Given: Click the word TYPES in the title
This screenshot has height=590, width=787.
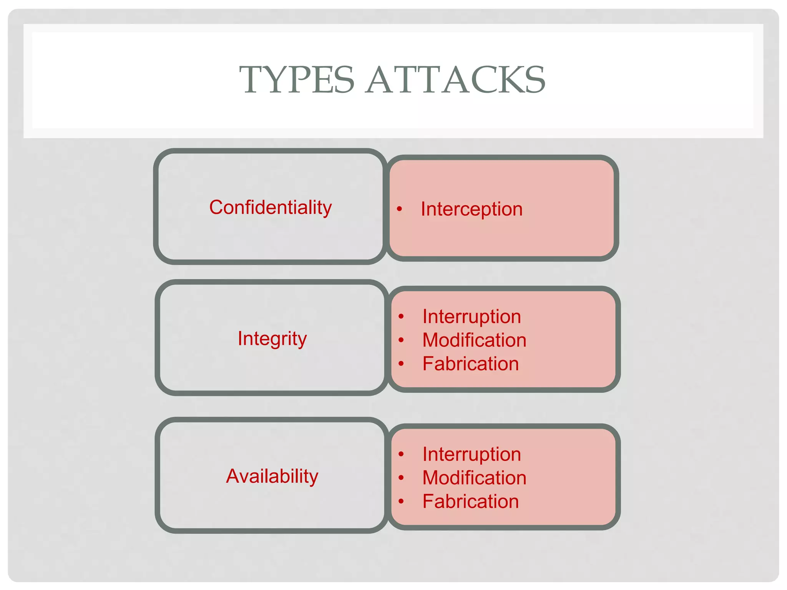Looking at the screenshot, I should click(296, 80).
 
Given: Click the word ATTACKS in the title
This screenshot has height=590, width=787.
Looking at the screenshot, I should click(456, 80).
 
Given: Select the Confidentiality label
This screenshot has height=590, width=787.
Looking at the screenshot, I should click(270, 207).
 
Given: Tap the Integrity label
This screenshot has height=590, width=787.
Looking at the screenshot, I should click(272, 338).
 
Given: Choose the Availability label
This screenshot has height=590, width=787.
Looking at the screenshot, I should click(272, 476).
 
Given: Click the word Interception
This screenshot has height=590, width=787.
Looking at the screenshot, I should click(472, 209).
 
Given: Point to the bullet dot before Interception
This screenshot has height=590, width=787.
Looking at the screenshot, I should click(400, 209).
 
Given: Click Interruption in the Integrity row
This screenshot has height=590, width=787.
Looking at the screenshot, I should click(472, 317).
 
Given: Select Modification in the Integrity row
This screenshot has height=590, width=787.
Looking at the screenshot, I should click(474, 340).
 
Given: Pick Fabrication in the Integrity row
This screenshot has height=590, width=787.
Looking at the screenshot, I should click(470, 364).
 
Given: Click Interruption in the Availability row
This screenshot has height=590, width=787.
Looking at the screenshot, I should click(472, 454).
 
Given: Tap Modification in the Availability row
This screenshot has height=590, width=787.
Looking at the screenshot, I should click(474, 478).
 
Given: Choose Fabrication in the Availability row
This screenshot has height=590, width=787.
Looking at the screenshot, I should click(470, 501).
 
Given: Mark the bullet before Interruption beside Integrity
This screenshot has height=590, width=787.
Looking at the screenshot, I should click(401, 317).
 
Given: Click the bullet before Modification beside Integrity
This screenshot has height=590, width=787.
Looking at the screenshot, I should click(401, 340).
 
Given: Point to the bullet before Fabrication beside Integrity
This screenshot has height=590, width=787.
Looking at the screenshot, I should click(401, 363).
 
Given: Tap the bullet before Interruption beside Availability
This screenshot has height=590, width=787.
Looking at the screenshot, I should click(401, 454).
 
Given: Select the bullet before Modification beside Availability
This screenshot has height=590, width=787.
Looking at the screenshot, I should click(401, 477).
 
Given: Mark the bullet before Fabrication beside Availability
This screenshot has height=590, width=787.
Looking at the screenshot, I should click(401, 501).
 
